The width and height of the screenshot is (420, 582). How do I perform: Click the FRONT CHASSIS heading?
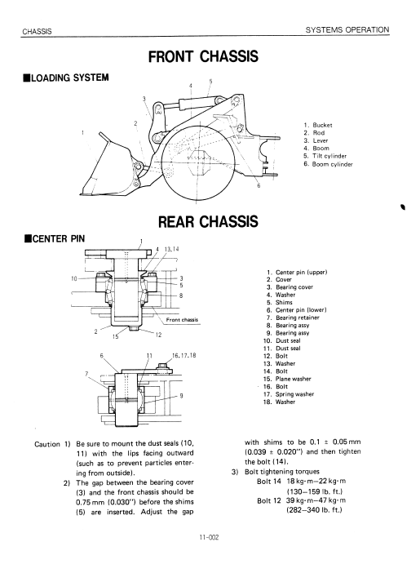click(x=203, y=56)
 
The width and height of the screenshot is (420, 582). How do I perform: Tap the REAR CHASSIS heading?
click(x=208, y=221)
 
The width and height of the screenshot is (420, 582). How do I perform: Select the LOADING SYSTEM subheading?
click(x=66, y=78)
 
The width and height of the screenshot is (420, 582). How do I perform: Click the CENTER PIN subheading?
click(x=54, y=238)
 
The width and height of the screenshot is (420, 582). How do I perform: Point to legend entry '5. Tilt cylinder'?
click(x=325, y=156)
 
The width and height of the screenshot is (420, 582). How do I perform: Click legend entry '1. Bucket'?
click(x=318, y=125)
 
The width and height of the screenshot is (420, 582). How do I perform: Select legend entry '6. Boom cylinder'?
click(x=328, y=164)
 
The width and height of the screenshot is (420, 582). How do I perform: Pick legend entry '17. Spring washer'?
click(x=289, y=394)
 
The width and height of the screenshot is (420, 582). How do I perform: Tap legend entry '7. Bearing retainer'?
click(x=293, y=318)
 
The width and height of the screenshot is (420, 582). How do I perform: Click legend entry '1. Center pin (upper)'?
click(x=297, y=272)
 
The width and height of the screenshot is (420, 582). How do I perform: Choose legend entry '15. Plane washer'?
click(x=287, y=379)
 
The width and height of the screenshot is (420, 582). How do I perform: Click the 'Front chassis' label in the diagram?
click(x=182, y=320)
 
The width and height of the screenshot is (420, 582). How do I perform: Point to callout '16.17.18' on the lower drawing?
click(x=183, y=355)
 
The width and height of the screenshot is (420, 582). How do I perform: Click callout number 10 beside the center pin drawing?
click(x=74, y=278)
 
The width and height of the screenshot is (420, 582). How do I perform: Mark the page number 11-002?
click(x=209, y=537)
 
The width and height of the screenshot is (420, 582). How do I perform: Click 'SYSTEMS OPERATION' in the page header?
click(x=347, y=29)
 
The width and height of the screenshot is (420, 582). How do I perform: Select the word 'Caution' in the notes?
click(x=47, y=444)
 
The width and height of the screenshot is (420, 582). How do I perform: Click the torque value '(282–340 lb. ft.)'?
click(x=314, y=510)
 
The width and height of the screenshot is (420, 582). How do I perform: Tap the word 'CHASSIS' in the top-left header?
click(x=37, y=32)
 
